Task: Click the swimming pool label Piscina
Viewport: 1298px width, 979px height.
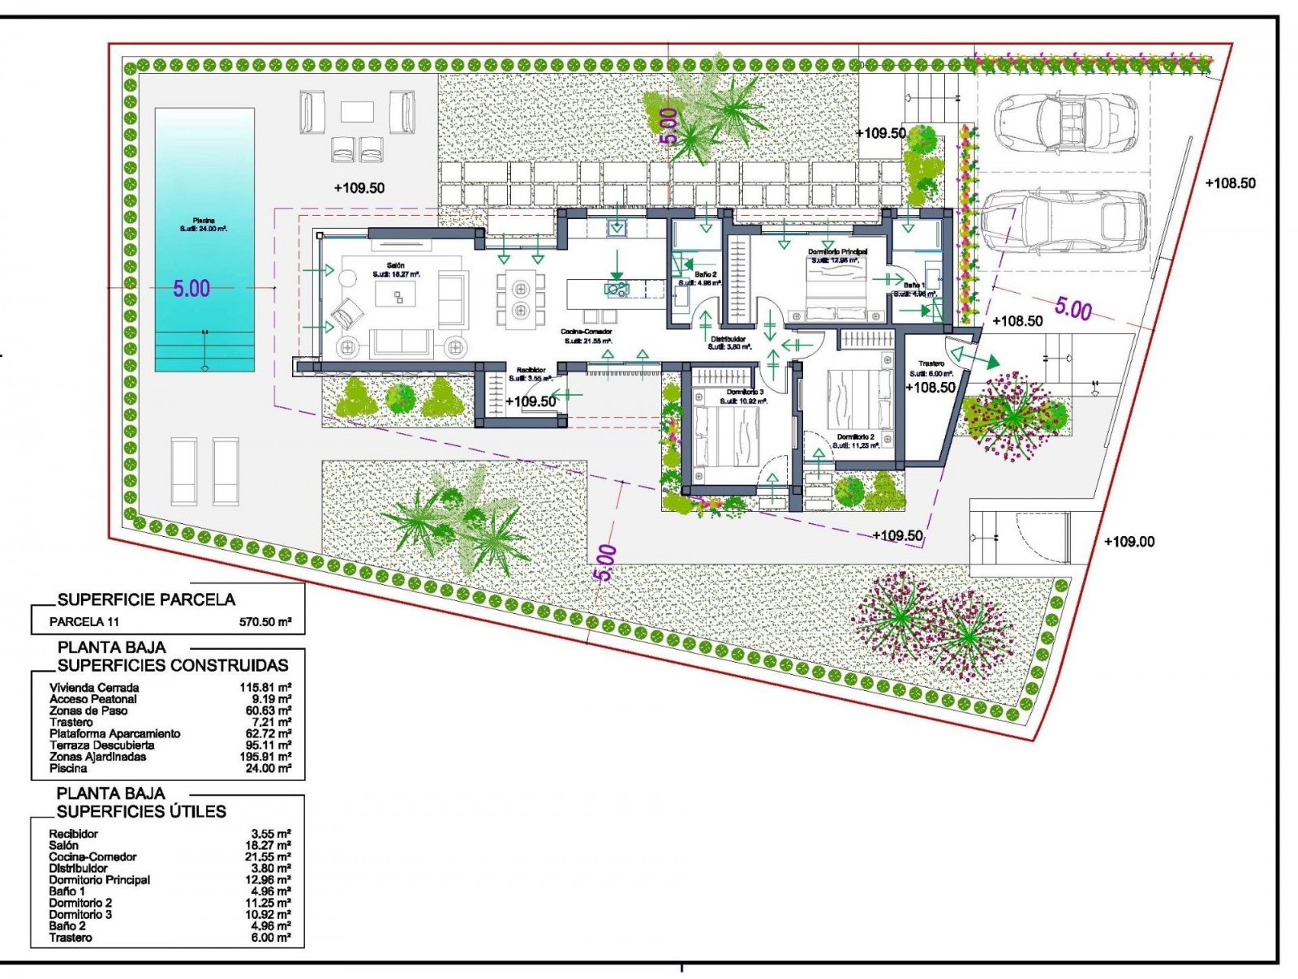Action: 204,221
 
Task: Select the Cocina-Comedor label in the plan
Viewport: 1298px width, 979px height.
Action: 587,332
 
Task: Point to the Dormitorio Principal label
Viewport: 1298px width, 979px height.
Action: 837,252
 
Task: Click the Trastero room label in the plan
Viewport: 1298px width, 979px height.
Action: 931,363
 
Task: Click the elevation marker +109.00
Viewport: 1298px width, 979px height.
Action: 1129,542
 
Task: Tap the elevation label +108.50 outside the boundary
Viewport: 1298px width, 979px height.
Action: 1230,183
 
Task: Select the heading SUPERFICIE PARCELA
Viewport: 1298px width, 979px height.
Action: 146,599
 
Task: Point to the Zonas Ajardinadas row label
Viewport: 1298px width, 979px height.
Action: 97,757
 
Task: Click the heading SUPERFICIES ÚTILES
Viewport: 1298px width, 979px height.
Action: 141,812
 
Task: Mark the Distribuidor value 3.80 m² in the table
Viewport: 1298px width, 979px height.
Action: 271,868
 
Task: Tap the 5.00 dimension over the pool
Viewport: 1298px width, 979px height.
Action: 191,289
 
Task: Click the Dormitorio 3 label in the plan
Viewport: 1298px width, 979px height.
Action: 745,393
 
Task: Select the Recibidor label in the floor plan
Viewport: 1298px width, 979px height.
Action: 531,371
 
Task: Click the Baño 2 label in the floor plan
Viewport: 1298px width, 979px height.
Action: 704,275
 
